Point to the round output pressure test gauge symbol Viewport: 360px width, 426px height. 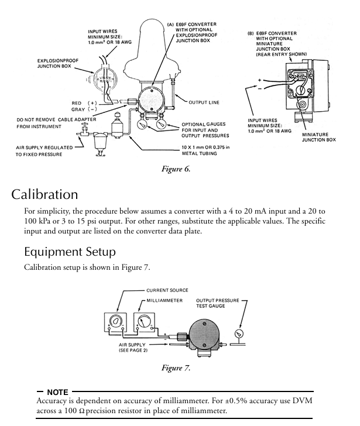pyautogui.click(x=239, y=333)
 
